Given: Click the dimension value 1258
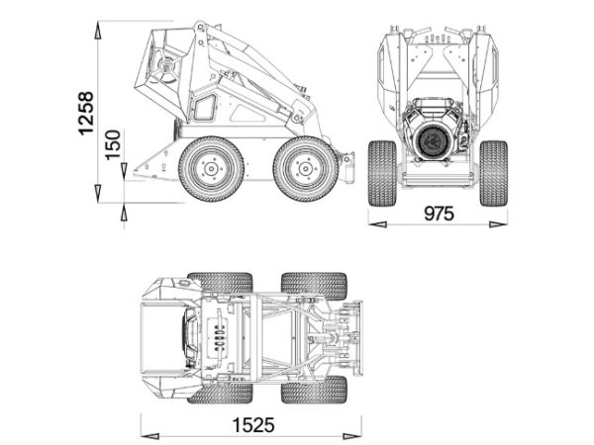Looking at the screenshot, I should click(x=86, y=112).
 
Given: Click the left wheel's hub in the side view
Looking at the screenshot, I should click(x=211, y=168).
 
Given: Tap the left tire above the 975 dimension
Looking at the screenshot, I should click(x=381, y=173).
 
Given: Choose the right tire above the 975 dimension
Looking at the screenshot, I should click(x=493, y=173).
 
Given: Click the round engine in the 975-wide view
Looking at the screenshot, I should click(x=437, y=139).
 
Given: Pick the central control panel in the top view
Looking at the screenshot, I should click(x=220, y=336).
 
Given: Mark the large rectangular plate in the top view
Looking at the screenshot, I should click(x=158, y=336).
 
